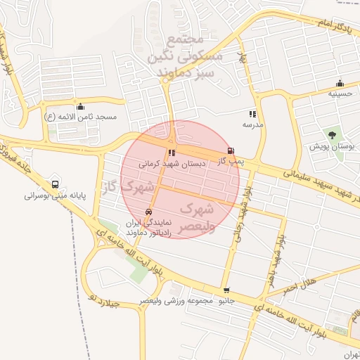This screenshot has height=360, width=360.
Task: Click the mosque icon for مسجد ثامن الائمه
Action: click(x=79, y=107)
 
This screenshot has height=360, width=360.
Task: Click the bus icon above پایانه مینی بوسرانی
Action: click(x=55, y=184)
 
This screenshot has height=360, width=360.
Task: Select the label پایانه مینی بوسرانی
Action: click(x=54, y=196)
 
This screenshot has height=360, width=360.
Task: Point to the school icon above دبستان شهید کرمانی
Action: click(x=172, y=153)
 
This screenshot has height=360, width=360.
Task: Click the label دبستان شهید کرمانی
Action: click(x=172, y=163)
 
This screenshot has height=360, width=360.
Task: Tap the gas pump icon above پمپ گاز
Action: click(x=231, y=150)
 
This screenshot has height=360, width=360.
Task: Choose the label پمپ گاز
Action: click(x=230, y=161)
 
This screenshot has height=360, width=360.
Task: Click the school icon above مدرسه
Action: click(x=252, y=114)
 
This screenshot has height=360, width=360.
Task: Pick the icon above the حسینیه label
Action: click(x=340, y=83)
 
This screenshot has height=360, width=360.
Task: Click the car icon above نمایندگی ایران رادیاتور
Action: click(x=148, y=212)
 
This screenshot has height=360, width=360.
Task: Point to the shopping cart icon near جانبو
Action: click(x=226, y=290)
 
